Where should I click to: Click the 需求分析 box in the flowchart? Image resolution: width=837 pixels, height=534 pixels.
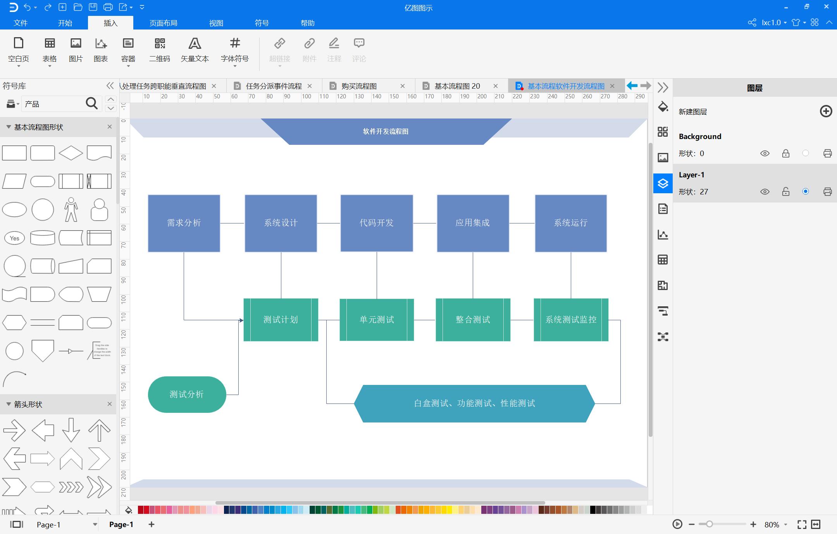(x=184, y=223)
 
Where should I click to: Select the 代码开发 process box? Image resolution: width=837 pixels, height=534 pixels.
(x=376, y=223)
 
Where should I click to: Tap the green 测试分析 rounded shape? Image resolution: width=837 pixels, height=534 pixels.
(x=187, y=394)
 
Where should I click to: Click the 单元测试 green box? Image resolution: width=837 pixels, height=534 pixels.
(x=376, y=320)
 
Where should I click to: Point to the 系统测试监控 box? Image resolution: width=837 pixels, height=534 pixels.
(x=570, y=320)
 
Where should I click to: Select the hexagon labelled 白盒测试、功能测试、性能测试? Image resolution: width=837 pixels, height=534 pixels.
(x=474, y=404)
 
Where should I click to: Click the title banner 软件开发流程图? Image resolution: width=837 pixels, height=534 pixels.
(x=386, y=132)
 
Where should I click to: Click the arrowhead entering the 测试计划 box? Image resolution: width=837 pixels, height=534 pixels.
(x=241, y=320)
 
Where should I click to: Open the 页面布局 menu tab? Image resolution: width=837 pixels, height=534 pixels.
(x=163, y=23)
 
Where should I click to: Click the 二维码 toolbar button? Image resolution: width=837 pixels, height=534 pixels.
(x=160, y=50)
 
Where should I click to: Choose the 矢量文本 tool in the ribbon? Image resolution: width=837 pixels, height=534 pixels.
(x=195, y=50)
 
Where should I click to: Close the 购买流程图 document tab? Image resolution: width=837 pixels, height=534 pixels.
(x=403, y=86)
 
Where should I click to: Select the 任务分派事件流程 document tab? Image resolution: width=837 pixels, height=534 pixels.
(x=274, y=86)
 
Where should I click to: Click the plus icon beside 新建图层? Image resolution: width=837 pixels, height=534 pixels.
(x=826, y=112)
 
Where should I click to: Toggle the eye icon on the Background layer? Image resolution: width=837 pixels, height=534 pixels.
(x=765, y=153)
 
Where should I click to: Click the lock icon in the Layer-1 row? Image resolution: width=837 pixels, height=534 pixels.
(x=785, y=192)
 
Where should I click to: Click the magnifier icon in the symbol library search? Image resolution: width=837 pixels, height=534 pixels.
(x=91, y=103)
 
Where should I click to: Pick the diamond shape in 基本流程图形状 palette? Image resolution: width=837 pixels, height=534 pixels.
(x=71, y=153)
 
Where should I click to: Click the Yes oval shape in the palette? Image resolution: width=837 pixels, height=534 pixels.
(x=14, y=238)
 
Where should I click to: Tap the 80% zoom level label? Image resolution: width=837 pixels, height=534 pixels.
(x=772, y=525)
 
